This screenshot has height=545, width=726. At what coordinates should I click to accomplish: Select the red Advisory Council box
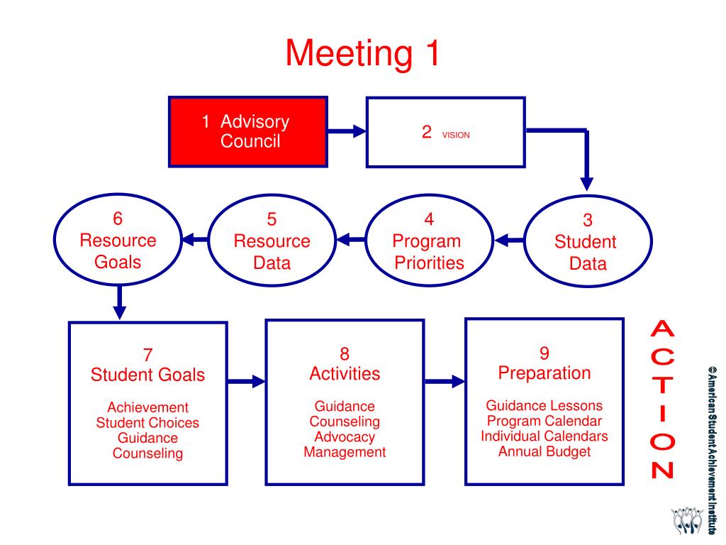[x=247, y=132]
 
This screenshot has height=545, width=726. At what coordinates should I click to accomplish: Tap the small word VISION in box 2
[x=456, y=135]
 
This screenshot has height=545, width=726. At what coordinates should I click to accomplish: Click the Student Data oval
[x=585, y=242]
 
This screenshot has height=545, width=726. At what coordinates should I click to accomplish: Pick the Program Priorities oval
[x=428, y=241]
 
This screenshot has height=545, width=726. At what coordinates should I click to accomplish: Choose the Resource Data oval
[x=272, y=241]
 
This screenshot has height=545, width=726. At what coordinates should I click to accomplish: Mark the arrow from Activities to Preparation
[x=445, y=381]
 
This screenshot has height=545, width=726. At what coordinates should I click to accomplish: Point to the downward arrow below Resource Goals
[x=120, y=301]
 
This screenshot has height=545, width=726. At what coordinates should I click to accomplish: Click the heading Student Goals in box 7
[x=147, y=375]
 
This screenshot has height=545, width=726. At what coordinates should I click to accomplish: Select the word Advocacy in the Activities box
[x=345, y=437]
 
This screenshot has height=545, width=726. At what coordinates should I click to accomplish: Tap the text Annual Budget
[x=544, y=451]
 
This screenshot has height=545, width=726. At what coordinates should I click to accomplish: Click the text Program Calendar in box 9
[x=544, y=421]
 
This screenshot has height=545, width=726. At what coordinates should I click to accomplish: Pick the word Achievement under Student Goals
[x=147, y=407]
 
